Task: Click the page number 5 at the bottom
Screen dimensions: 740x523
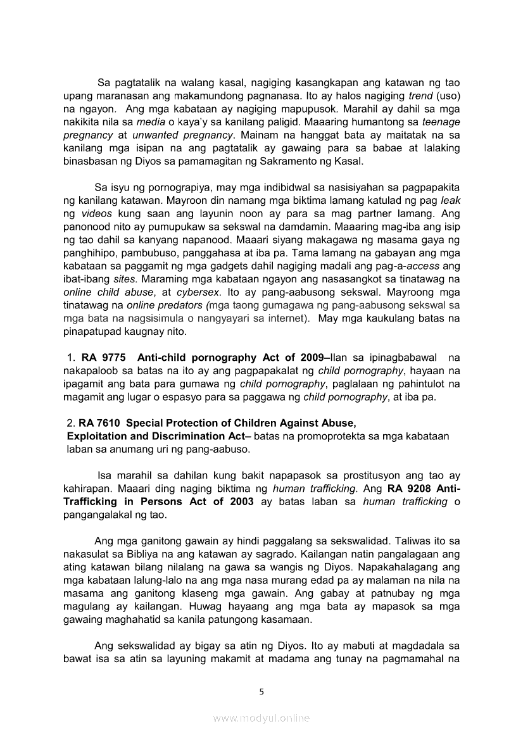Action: [261, 692]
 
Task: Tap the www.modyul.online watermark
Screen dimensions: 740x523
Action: [261, 718]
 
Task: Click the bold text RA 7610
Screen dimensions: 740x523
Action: [100, 423]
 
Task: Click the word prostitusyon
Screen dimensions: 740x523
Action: [358, 475]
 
